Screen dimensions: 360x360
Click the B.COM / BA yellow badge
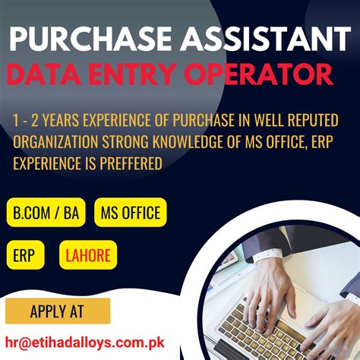click(46, 212)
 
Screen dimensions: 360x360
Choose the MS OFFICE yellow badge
click(131, 212)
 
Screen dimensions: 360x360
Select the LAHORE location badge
click(88, 255)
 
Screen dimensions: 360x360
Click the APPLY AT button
click(58, 311)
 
